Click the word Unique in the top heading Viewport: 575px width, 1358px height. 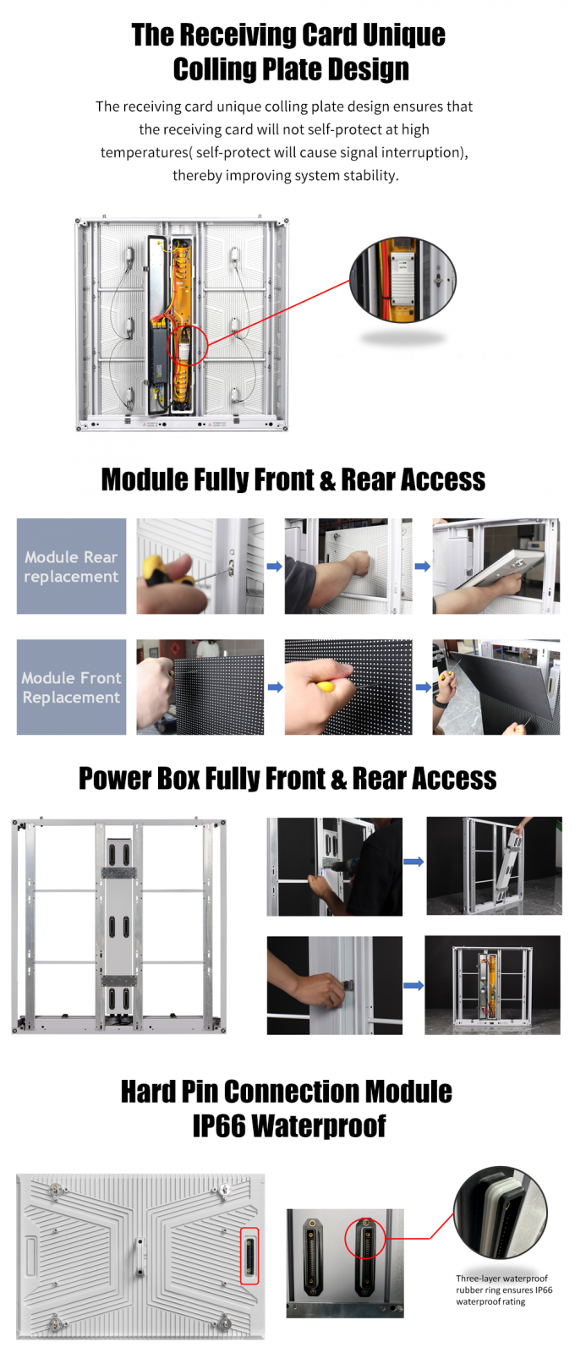click(x=403, y=35)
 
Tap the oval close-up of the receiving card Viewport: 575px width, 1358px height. click(x=402, y=280)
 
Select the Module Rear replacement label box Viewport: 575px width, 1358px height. click(x=72, y=567)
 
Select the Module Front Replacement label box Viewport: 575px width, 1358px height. click(x=72, y=687)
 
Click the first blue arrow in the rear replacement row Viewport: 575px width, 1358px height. click(x=275, y=567)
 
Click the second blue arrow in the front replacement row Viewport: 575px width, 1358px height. click(x=424, y=687)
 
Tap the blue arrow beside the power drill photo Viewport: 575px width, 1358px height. click(x=413, y=862)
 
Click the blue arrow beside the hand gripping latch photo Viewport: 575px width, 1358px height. click(x=413, y=985)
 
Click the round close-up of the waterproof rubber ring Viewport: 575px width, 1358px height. click(x=501, y=1212)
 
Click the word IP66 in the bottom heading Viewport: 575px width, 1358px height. click(x=218, y=1125)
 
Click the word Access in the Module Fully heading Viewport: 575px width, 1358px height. click(x=443, y=479)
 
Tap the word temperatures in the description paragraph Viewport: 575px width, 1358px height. click(x=145, y=152)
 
